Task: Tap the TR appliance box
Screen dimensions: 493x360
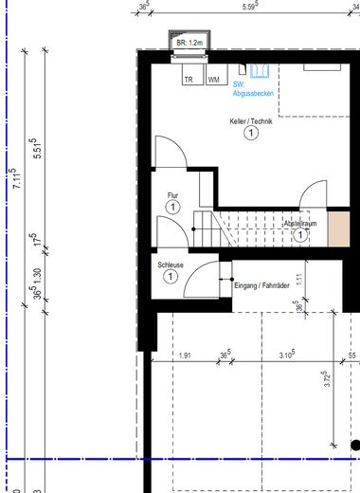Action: point(189,80)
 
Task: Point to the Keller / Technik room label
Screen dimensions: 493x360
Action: point(250,122)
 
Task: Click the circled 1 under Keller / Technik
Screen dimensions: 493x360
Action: point(250,135)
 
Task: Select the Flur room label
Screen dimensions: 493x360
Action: point(172,195)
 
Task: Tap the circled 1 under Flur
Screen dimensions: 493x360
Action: point(172,207)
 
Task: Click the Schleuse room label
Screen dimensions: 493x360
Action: point(171,265)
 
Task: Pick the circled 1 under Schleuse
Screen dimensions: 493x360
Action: point(170,277)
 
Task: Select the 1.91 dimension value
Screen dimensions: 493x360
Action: point(185,356)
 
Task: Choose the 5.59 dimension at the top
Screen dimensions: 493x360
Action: point(251,8)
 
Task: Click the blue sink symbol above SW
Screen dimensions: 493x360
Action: point(259,72)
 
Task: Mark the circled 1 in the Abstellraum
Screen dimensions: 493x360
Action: point(300,236)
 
